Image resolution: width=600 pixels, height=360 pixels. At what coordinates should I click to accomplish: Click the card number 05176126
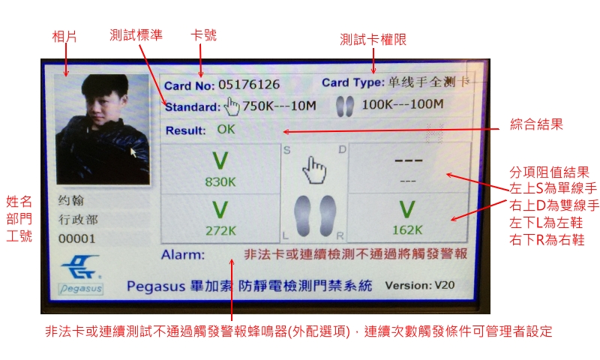click(x=249, y=84)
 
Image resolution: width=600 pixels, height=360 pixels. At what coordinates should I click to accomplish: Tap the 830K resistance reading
click(x=220, y=181)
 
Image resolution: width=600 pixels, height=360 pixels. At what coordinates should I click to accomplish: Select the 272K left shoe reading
click(x=220, y=230)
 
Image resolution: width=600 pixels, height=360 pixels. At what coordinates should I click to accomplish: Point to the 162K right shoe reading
click(x=407, y=230)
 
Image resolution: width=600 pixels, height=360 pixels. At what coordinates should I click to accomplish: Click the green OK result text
click(x=226, y=129)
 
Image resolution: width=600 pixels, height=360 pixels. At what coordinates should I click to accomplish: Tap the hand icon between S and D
click(x=313, y=169)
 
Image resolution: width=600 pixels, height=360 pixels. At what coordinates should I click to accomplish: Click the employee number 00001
click(x=76, y=238)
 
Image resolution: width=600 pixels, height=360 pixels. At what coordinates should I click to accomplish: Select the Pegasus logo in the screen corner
click(x=81, y=274)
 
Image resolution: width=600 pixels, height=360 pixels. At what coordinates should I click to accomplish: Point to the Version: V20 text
click(x=420, y=286)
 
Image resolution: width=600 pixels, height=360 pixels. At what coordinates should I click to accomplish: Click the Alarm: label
click(x=183, y=254)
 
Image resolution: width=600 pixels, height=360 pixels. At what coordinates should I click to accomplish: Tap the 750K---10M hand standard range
click(x=279, y=106)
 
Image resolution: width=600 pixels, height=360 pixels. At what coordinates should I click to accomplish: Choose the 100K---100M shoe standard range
click(x=403, y=104)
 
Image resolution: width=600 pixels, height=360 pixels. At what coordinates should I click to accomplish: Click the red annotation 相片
click(x=64, y=37)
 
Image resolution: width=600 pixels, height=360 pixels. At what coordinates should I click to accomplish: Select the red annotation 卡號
click(x=203, y=35)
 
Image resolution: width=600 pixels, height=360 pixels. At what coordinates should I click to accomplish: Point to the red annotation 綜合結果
click(x=536, y=124)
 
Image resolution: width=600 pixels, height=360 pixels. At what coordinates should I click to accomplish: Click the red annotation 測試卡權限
click(x=373, y=40)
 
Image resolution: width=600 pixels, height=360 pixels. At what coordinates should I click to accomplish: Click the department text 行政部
click(x=78, y=220)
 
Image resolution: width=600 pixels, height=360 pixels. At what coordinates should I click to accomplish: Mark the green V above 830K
click(x=220, y=160)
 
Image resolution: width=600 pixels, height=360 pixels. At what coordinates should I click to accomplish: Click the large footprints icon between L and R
click(x=315, y=216)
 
